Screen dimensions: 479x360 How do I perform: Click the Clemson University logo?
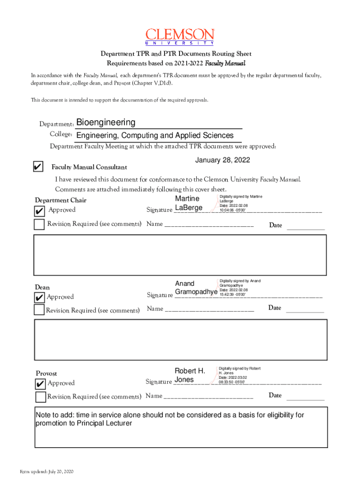click(180, 36)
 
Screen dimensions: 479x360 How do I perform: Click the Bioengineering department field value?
click(106, 123)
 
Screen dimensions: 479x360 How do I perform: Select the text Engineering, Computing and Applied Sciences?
click(155, 136)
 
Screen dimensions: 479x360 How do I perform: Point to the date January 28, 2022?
click(223, 160)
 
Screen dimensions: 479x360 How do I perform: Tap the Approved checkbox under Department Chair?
click(40, 211)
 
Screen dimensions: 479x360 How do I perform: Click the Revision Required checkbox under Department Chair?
click(40, 224)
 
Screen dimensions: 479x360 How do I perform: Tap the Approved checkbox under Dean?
click(39, 298)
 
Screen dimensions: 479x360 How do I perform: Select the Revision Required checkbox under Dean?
click(39, 310)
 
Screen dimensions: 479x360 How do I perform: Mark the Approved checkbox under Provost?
click(41, 384)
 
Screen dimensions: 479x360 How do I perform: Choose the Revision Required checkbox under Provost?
click(41, 397)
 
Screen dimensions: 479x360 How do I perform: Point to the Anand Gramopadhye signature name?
click(196, 288)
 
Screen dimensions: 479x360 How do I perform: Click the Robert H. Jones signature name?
click(189, 375)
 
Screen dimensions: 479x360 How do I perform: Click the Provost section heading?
click(47, 373)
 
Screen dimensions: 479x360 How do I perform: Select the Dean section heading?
click(43, 287)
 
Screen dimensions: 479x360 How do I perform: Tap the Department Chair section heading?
click(60, 201)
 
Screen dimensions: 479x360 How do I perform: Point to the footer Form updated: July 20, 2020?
click(46, 471)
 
